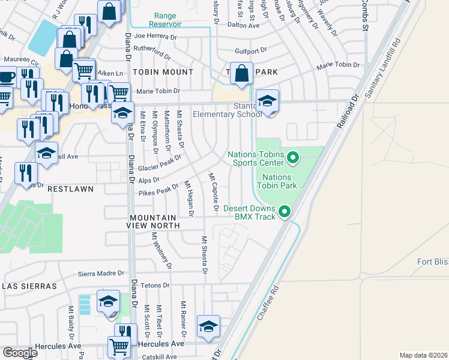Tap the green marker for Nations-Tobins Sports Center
[293, 158]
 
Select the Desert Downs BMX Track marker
[285, 211]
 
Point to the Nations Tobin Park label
[277, 181]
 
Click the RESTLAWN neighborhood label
[70, 189]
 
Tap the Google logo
[20, 353]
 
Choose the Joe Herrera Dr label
[156, 37]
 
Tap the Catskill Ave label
[158, 356]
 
